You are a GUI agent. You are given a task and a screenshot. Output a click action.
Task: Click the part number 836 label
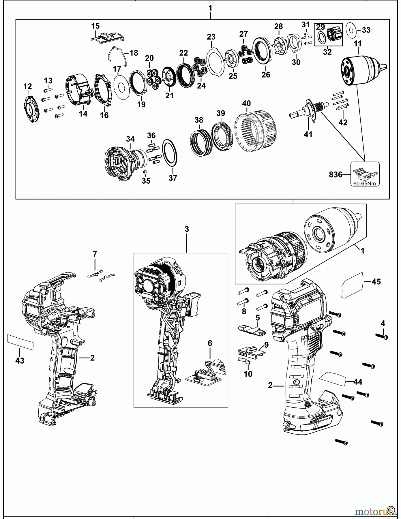tap(336, 175)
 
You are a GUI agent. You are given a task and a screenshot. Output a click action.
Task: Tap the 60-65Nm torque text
tap(365, 184)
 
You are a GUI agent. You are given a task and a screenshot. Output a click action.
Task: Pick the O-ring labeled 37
tap(170, 153)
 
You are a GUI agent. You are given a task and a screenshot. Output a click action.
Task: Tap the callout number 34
tap(130, 139)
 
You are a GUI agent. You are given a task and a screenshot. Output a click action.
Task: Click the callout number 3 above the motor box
tap(187, 229)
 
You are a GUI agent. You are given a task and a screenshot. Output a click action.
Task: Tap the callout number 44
tap(358, 382)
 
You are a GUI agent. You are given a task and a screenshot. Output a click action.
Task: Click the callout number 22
tap(183, 53)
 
